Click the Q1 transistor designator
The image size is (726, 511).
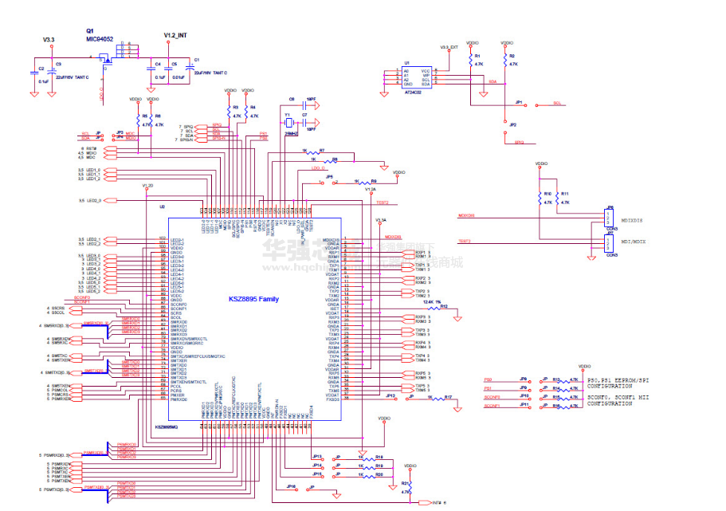(x=90, y=31)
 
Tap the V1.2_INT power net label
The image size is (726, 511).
(x=175, y=36)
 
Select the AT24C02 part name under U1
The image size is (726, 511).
(x=412, y=93)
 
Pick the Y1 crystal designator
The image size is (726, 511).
(x=287, y=113)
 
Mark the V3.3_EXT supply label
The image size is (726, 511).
(x=449, y=47)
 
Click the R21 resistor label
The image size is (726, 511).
(x=406, y=483)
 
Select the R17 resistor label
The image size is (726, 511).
(x=448, y=397)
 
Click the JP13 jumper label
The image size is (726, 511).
(x=390, y=395)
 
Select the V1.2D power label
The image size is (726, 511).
(x=147, y=185)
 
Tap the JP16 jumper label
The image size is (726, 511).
(x=291, y=485)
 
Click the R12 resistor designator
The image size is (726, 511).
(x=444, y=306)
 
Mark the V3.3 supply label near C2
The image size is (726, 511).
(x=49, y=40)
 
